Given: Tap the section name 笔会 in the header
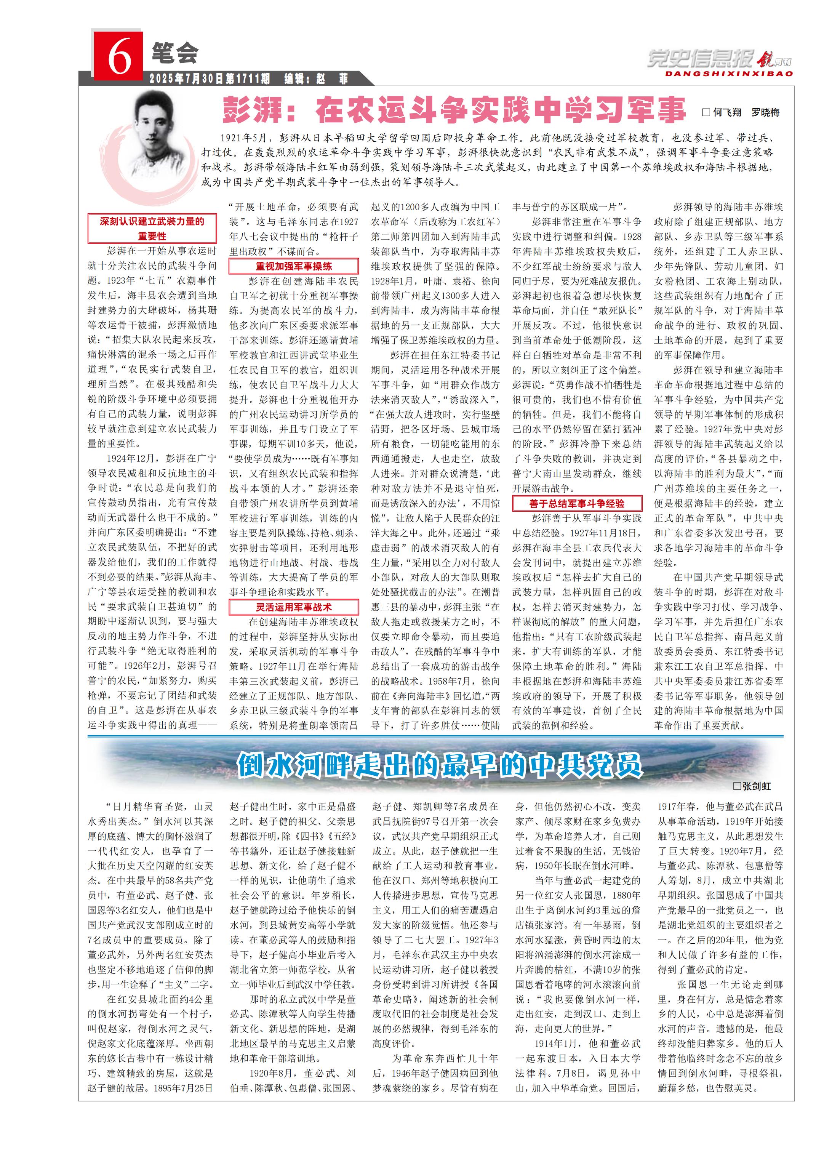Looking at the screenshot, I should click(174, 53).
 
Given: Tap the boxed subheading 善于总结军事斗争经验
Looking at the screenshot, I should click(576, 503).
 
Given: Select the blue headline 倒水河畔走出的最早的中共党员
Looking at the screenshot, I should click(440, 765).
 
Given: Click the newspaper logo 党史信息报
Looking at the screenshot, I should click(699, 59).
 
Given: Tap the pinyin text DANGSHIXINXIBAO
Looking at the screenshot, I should click(728, 74).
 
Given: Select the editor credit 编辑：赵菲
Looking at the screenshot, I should click(316, 78).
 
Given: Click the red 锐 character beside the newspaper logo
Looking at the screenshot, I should click(764, 60).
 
